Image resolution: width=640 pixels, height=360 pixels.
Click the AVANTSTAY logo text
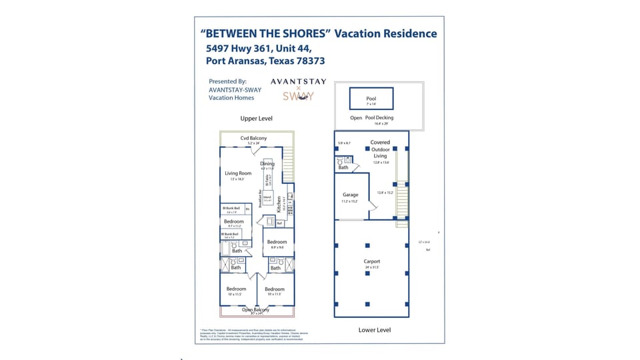[298, 82]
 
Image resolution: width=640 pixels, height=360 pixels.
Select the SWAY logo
[298, 96]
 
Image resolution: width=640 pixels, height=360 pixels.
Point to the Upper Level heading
[257, 119]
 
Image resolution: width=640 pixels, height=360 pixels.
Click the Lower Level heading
[374, 329]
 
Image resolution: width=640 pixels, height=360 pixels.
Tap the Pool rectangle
[371, 99]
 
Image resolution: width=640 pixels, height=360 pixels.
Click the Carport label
[371, 261]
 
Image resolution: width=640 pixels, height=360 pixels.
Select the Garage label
[350, 195]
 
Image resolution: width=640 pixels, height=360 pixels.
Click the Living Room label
[238, 173]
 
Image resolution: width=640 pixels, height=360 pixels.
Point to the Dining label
[267, 164]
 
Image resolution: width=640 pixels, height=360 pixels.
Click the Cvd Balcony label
[253, 138]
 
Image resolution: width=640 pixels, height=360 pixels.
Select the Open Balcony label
[255, 309]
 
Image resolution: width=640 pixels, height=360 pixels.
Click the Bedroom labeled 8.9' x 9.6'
[277, 242]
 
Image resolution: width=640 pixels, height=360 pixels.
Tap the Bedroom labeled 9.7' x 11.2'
[233, 221]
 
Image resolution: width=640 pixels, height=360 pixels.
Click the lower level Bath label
[343, 167]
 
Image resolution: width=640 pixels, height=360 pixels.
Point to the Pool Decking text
[379, 118]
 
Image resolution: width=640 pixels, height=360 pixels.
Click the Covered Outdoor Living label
[380, 149]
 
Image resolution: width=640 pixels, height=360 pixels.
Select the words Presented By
[227, 82]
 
